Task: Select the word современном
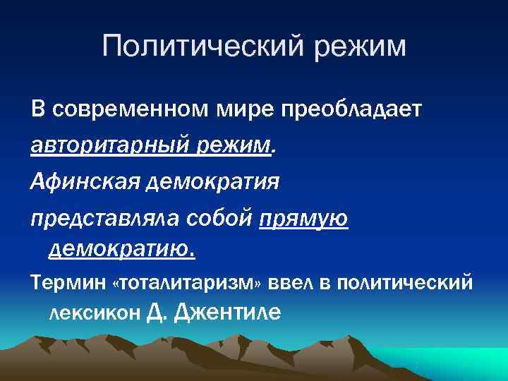coord(131,110)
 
